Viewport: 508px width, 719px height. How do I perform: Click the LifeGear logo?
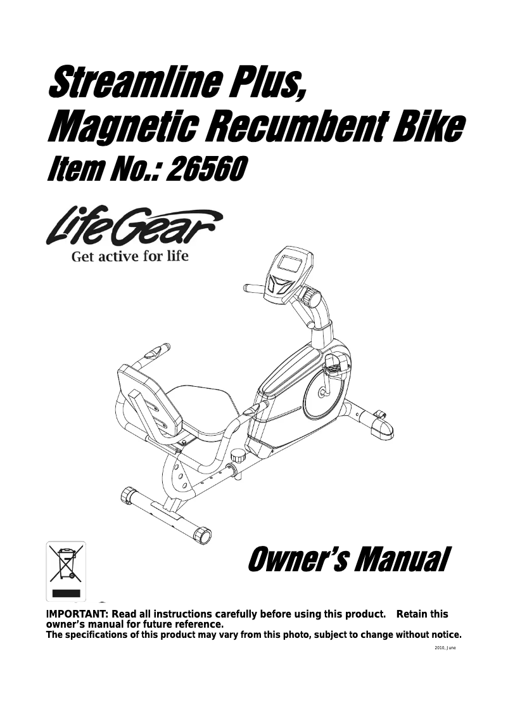pos(134,226)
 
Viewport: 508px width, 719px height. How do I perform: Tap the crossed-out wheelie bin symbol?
pos(66,564)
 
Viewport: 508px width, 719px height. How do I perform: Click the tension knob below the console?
pos(310,296)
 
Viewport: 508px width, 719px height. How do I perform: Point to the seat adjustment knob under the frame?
pos(238,457)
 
